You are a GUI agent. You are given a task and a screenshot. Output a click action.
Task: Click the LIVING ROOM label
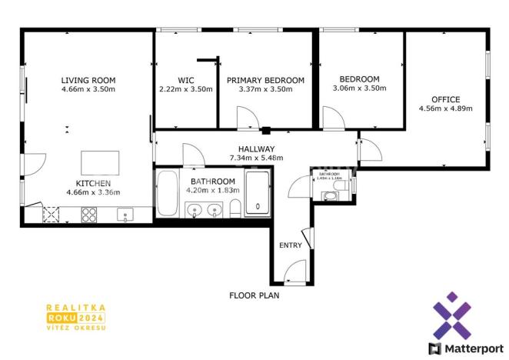tap(88, 79)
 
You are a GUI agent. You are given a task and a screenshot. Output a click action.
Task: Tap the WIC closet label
tap(185, 80)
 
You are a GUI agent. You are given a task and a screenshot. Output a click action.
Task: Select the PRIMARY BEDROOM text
tap(265, 80)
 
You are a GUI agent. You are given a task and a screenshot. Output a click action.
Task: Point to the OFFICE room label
tap(445, 99)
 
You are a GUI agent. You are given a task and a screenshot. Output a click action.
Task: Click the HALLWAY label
tap(256, 149)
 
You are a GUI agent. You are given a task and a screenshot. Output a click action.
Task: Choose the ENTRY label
tap(291, 245)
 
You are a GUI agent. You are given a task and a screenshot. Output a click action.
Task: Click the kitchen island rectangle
tap(101, 164)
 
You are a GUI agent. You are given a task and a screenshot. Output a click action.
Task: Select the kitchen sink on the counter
tap(123, 215)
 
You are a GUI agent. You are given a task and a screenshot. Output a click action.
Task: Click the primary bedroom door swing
tap(248, 118)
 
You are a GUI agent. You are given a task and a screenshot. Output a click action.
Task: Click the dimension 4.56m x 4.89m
tap(445, 108)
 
